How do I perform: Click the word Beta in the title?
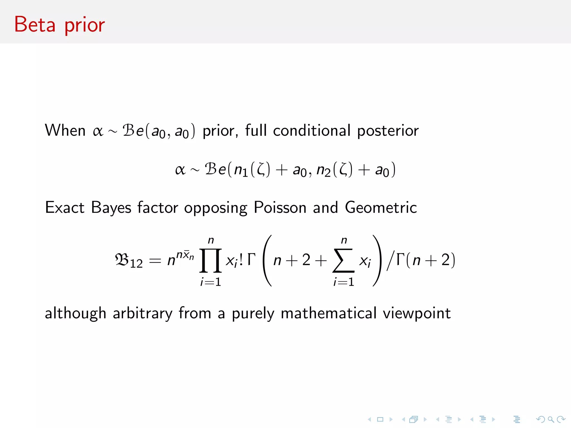coord(35,25)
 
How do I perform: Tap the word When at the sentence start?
coord(65,130)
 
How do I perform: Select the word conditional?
coord(312,130)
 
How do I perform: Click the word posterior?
coord(388,131)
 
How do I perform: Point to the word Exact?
coord(65,208)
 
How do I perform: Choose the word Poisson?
coord(280,208)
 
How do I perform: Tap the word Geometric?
coord(381,208)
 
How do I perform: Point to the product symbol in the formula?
coord(211,261)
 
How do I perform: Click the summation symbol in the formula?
coord(343,261)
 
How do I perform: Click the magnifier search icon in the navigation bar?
coord(551,419)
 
